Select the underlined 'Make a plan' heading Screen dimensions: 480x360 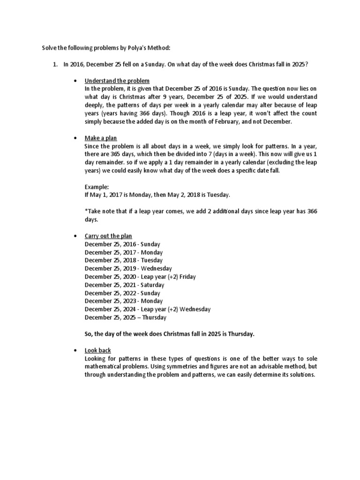click(x=101, y=138)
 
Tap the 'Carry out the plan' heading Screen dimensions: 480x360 click(x=108, y=236)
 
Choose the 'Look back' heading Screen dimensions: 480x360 click(x=98, y=350)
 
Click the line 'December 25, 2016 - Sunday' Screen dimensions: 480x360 click(x=122, y=244)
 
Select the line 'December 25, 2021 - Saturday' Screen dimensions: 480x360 click(x=125, y=285)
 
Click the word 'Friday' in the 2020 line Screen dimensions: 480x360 click(x=187, y=277)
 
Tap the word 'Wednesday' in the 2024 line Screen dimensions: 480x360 click(x=194, y=309)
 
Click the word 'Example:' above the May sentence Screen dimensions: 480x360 click(x=97, y=187)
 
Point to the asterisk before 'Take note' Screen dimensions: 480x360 click(x=86, y=211)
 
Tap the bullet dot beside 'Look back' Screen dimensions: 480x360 click(x=75, y=351)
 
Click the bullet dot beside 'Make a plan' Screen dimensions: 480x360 click(x=75, y=139)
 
